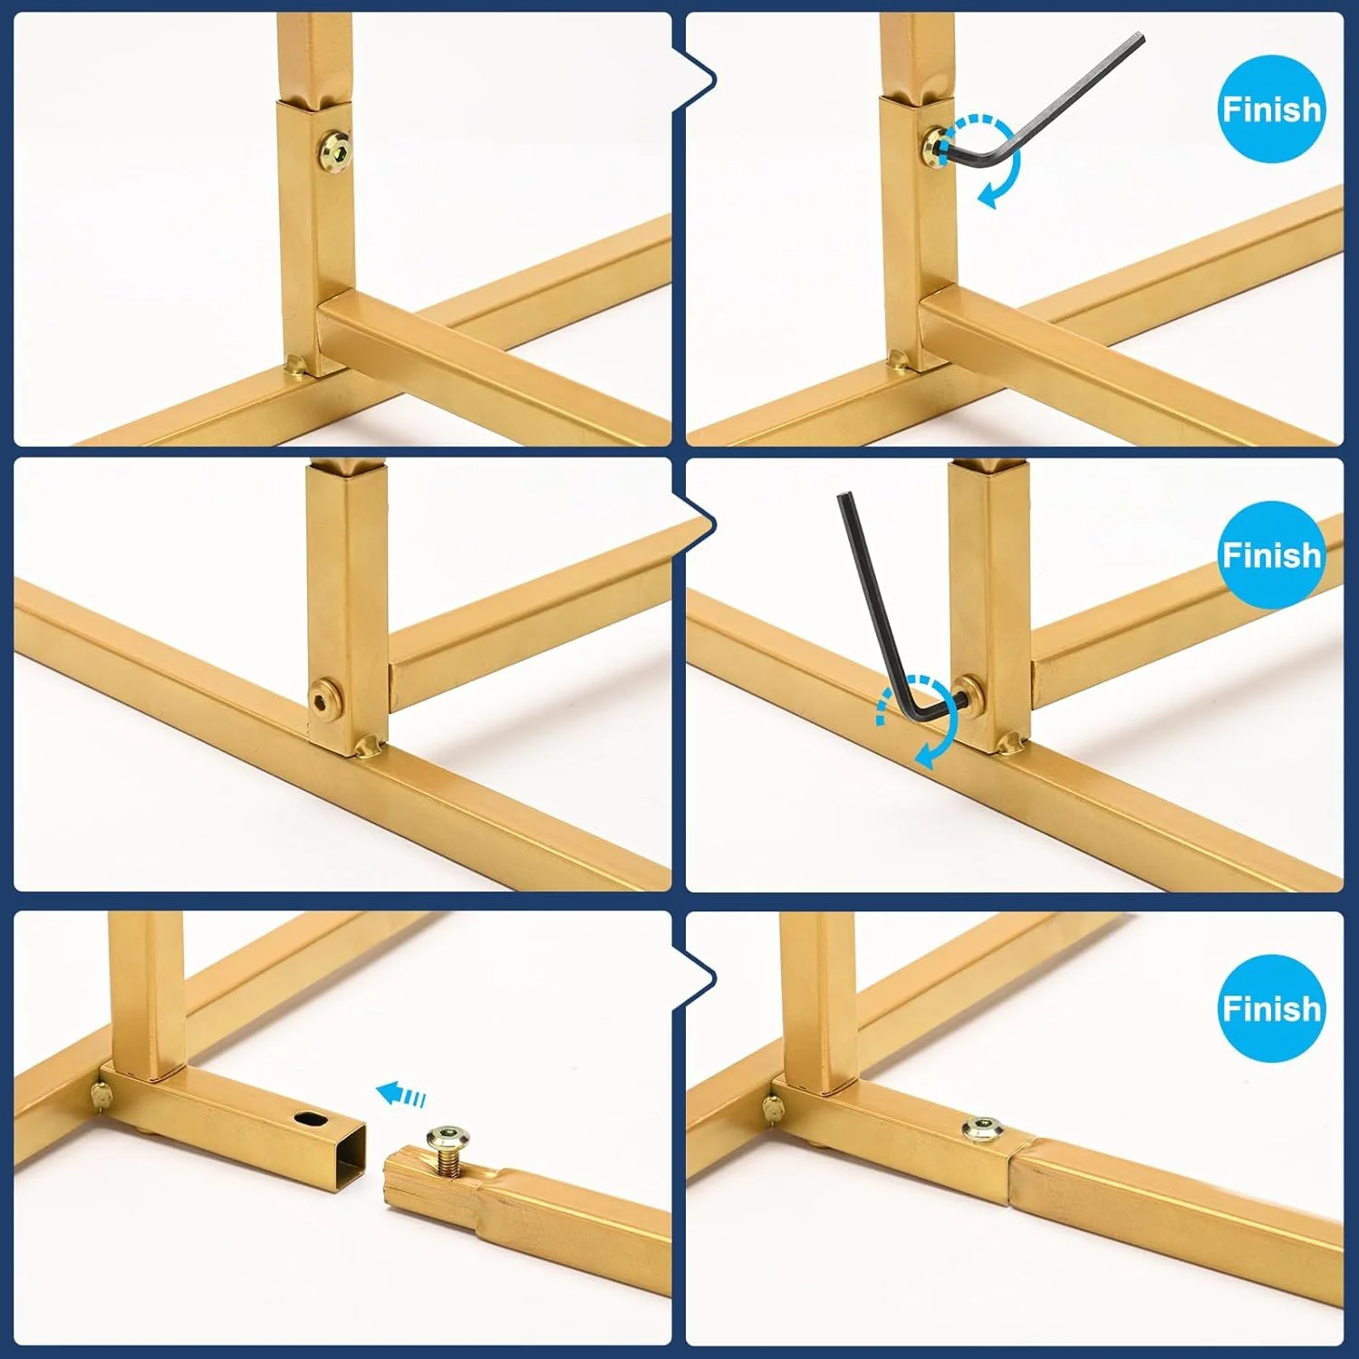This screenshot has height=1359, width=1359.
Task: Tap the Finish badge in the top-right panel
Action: [1272, 109]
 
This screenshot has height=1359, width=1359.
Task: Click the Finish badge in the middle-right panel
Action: [1272, 554]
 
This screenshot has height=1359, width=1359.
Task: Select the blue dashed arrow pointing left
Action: [400, 1094]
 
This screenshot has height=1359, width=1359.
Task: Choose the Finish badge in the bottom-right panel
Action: [1272, 1007]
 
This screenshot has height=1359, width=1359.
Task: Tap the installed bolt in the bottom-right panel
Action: [982, 1130]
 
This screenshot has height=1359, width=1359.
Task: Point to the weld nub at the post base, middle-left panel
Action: [368, 746]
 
